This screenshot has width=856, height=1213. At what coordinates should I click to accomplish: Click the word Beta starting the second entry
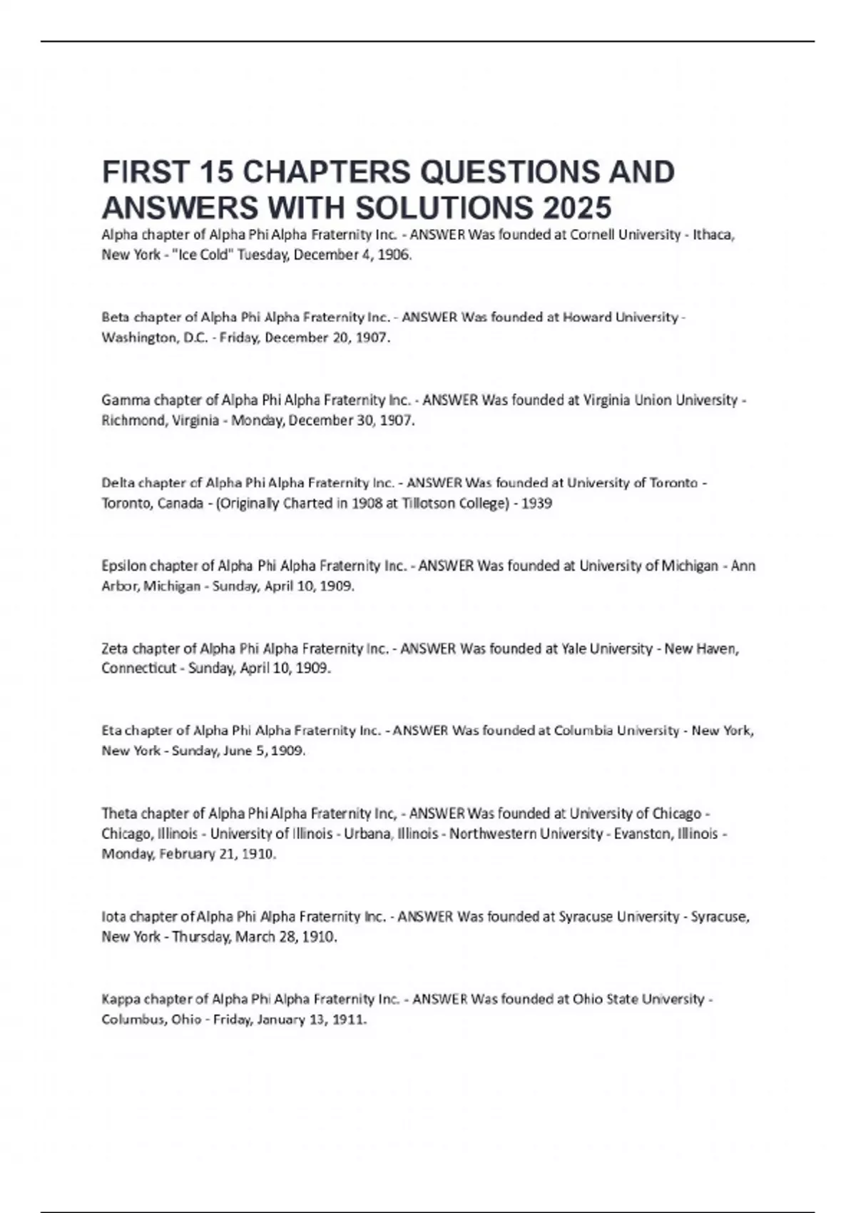point(115,317)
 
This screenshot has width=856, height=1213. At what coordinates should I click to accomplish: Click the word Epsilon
point(124,566)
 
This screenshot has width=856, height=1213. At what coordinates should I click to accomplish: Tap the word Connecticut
point(138,669)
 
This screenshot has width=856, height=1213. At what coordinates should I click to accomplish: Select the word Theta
point(118,813)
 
